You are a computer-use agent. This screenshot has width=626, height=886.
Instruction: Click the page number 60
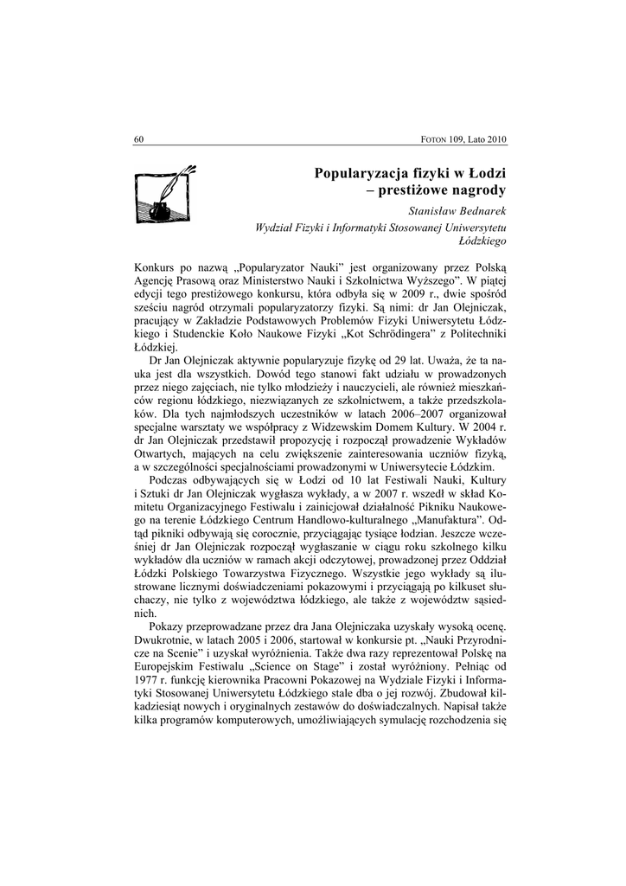[x=139, y=140]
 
